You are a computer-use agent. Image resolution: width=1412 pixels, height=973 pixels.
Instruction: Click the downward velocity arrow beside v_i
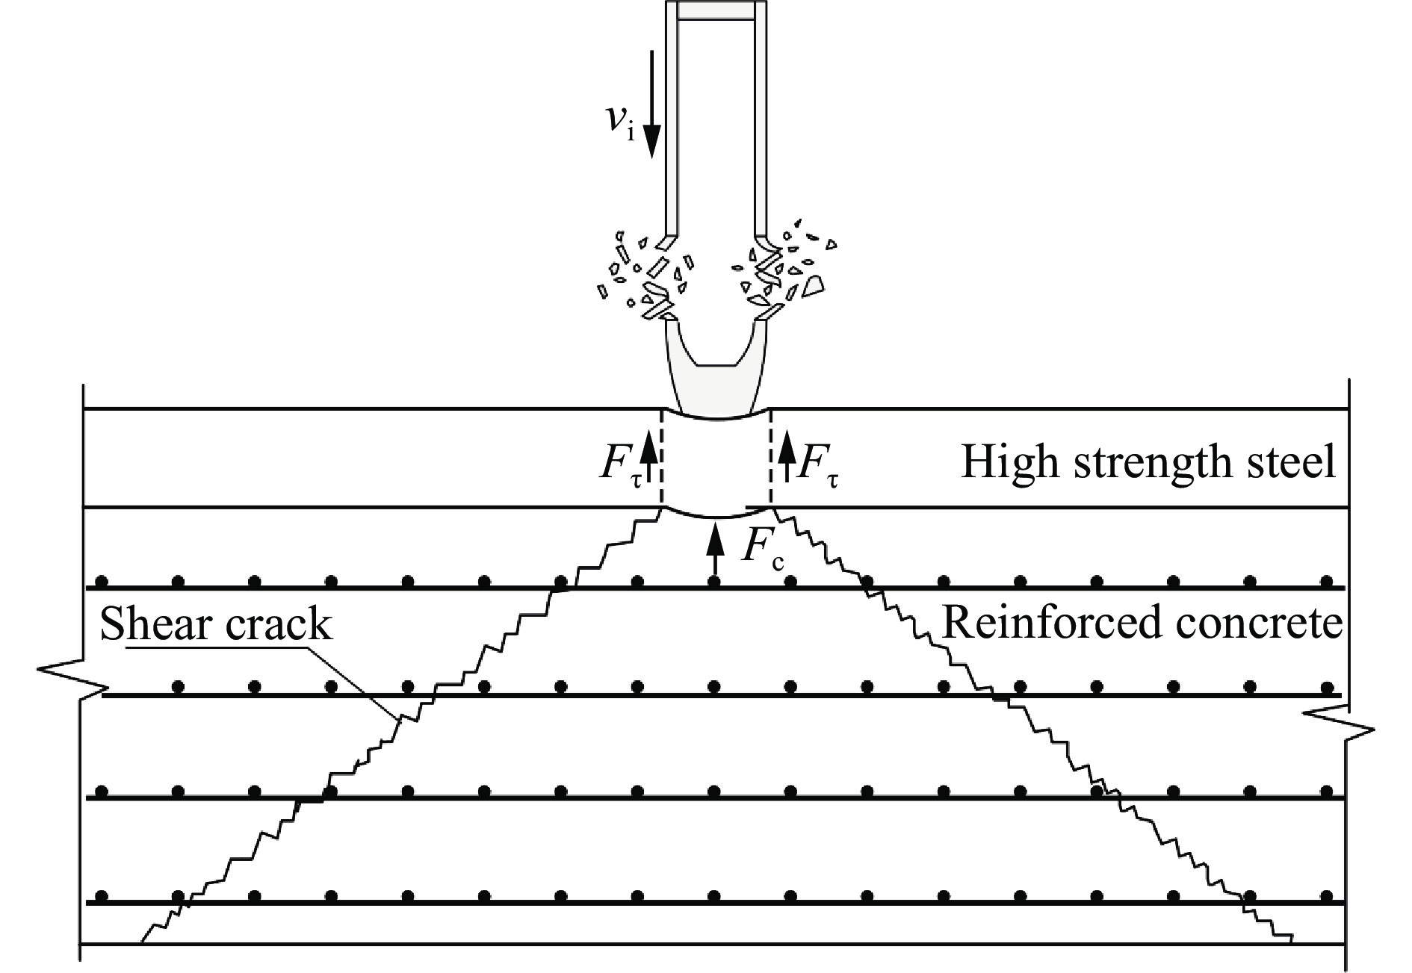pos(652,105)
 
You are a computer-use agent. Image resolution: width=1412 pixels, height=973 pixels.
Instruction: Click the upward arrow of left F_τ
pos(648,457)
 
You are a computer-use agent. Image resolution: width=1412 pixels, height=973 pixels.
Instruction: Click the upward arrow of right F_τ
pos(786,457)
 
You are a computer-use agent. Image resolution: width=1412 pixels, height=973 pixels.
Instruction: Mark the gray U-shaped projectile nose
pos(716,373)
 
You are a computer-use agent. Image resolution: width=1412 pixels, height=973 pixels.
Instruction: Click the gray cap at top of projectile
pos(716,10)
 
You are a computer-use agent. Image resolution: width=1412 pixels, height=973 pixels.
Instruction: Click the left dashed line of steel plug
pos(661,457)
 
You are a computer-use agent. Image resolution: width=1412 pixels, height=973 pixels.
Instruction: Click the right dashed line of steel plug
pos(770,457)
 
